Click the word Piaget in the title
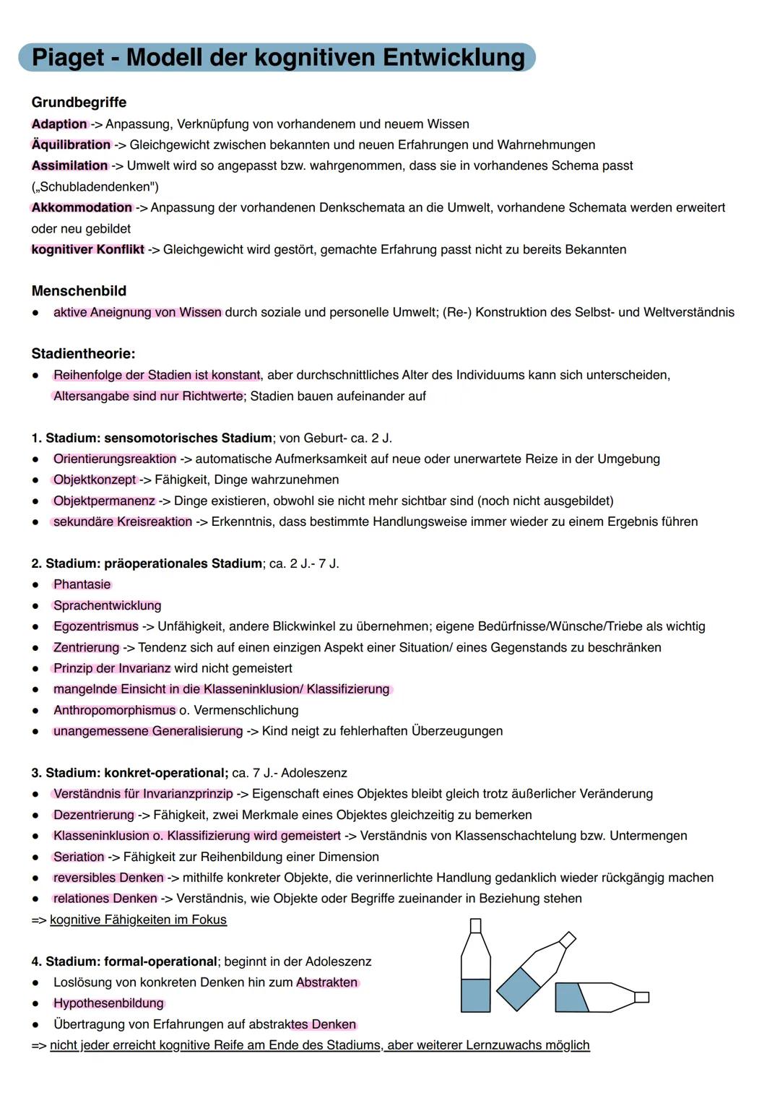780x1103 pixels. pyautogui.click(x=69, y=57)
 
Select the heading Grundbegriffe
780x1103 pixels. pyautogui.click(x=79, y=103)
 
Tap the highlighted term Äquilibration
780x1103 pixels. pyautogui.click(x=71, y=144)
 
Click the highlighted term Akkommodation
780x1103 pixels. pyautogui.click(x=82, y=207)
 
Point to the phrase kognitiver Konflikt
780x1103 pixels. pyautogui.click(x=87, y=249)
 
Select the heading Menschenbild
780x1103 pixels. pyautogui.click(x=79, y=291)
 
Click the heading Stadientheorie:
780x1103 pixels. pyautogui.click(x=83, y=354)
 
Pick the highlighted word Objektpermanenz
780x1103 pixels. pyautogui.click(x=104, y=501)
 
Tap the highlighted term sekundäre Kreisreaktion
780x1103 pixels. pyautogui.click(x=122, y=522)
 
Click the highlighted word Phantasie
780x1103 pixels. pyautogui.click(x=82, y=584)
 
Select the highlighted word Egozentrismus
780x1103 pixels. pyautogui.click(x=95, y=626)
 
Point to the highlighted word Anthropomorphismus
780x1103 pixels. pyautogui.click(x=114, y=710)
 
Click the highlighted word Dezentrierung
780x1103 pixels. pyautogui.click(x=93, y=815)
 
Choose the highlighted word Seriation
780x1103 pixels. pyautogui.click(x=79, y=857)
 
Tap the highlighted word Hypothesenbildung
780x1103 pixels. pyautogui.click(x=108, y=1003)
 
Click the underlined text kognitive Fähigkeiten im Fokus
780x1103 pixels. pyautogui.click(x=138, y=920)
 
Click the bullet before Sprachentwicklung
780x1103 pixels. pyautogui.click(x=35, y=606)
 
